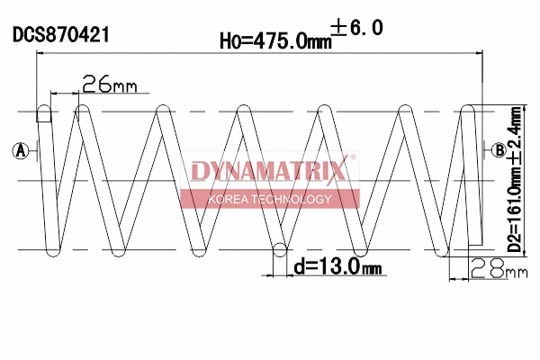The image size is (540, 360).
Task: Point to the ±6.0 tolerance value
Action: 358,29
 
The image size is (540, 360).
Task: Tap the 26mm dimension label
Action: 109,85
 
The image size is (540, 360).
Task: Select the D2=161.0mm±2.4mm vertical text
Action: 514,180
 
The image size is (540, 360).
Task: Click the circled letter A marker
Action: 20,150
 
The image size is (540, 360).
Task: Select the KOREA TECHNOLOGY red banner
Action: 270,199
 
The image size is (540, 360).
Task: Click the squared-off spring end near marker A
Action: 42,112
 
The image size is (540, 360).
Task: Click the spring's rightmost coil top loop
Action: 468,111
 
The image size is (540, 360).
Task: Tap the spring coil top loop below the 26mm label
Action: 82,111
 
